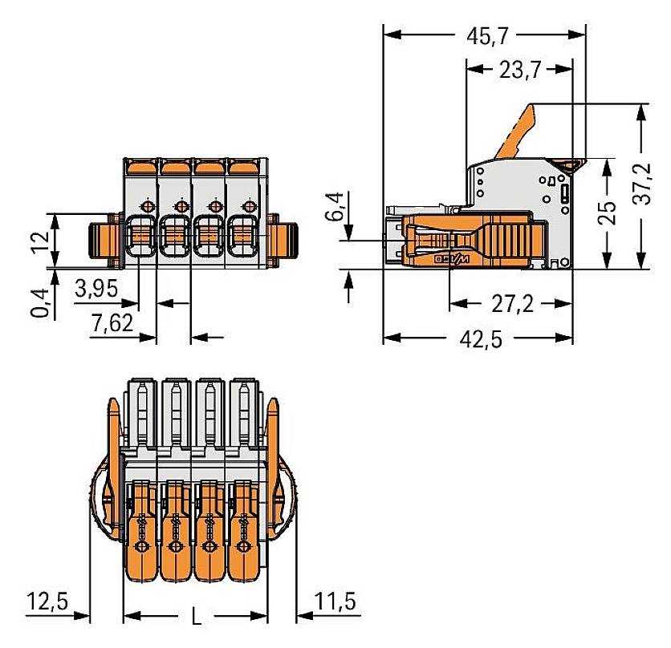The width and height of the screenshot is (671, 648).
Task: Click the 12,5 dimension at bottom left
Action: click(x=47, y=601)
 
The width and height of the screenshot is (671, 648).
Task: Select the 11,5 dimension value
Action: click(x=335, y=601)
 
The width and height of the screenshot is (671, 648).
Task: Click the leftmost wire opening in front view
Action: click(x=141, y=235)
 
